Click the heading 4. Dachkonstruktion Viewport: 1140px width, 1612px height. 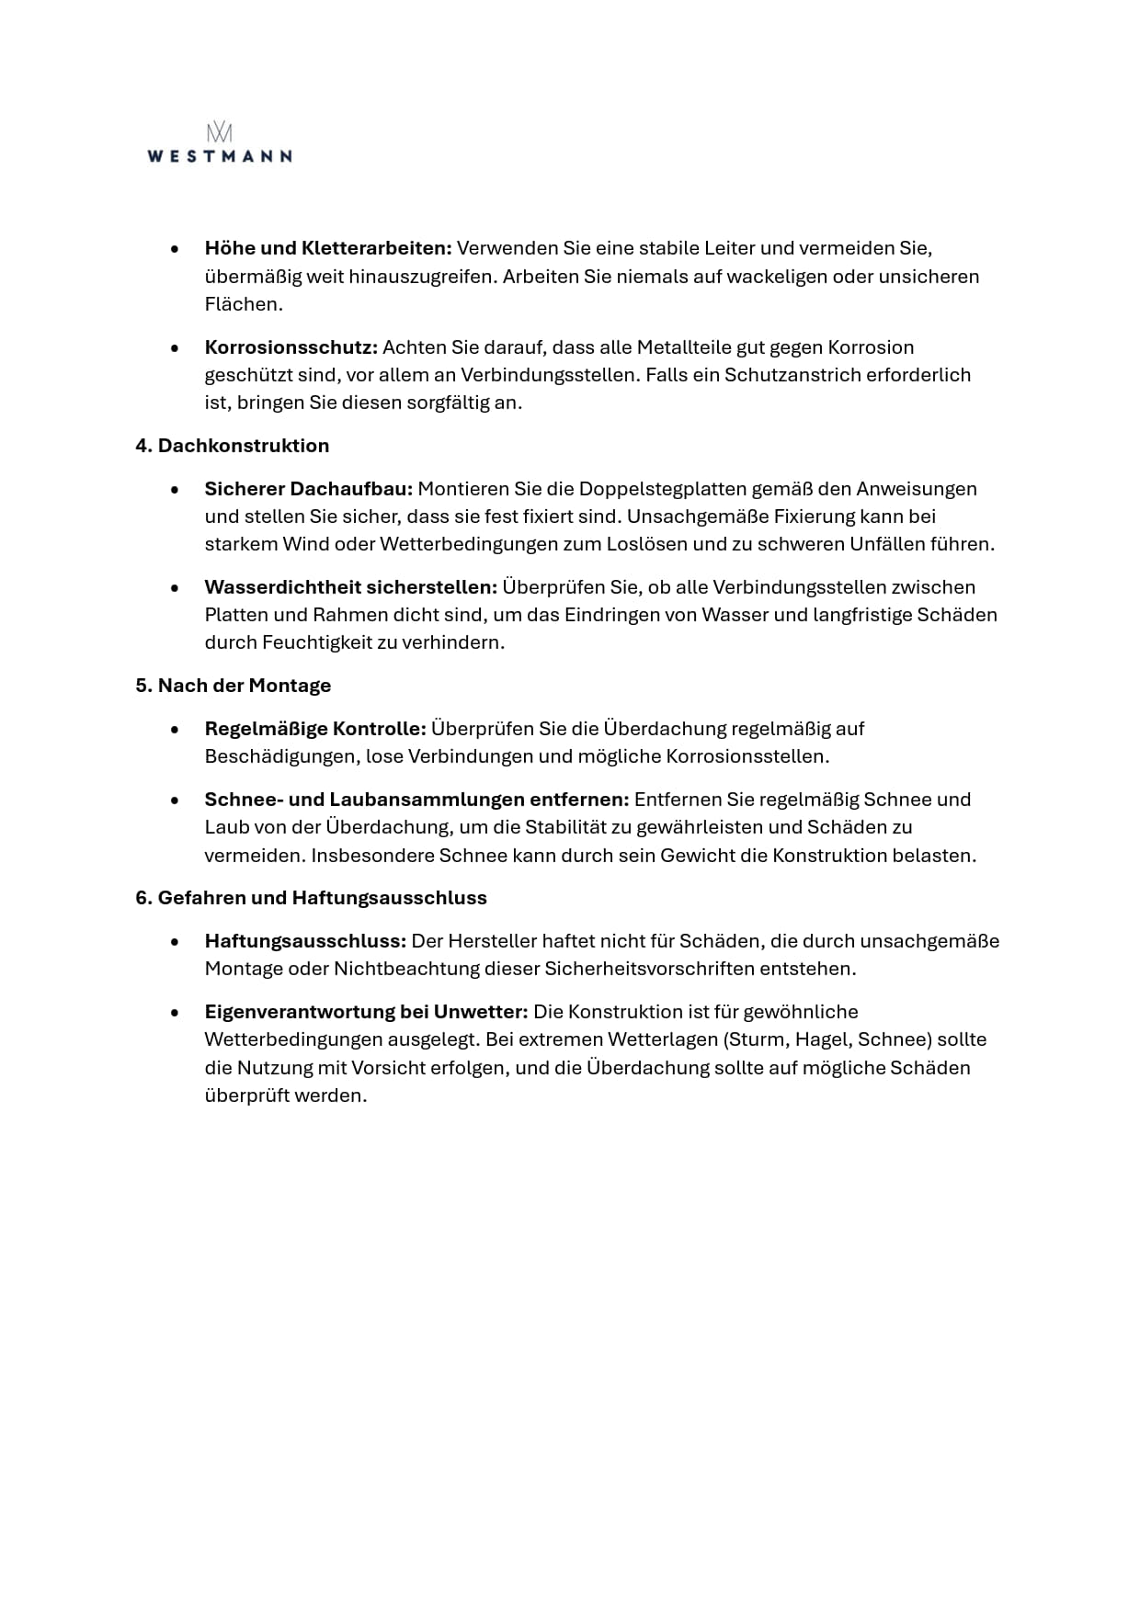coord(232,446)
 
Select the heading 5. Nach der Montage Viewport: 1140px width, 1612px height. coord(233,686)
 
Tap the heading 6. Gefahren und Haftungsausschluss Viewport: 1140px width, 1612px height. coord(311,898)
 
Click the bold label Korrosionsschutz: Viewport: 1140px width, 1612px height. coord(291,347)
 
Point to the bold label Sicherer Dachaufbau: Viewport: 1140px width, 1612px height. coord(309,489)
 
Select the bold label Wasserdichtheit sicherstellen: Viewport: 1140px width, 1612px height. coord(350,587)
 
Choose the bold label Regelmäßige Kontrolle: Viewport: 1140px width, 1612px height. coord(314,729)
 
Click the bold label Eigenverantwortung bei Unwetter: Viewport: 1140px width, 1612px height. coord(366,1012)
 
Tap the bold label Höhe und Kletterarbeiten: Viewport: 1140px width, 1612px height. coord(327,248)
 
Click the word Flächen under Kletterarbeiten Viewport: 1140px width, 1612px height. coord(244,304)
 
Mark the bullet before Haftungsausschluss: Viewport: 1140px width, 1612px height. coord(175,942)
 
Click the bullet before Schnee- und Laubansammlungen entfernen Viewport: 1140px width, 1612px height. coord(175,800)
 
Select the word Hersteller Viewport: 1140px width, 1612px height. coord(492,941)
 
